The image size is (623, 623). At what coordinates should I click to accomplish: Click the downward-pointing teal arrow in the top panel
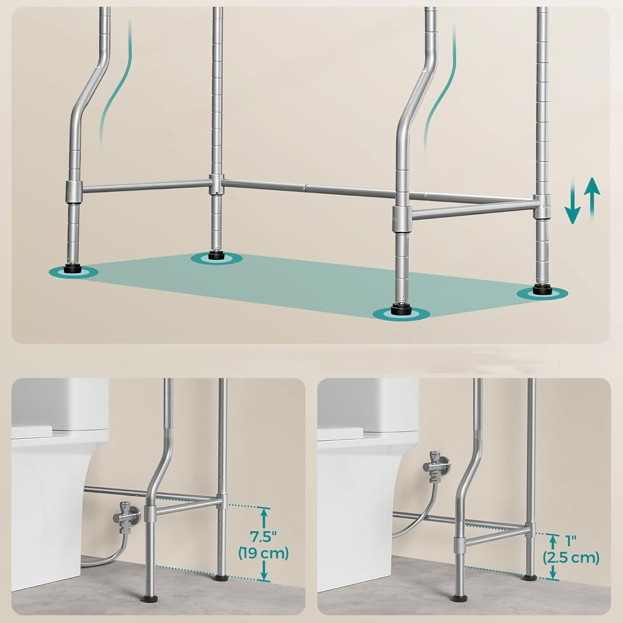point(573,204)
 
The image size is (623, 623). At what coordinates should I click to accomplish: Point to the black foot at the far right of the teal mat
point(542,289)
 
